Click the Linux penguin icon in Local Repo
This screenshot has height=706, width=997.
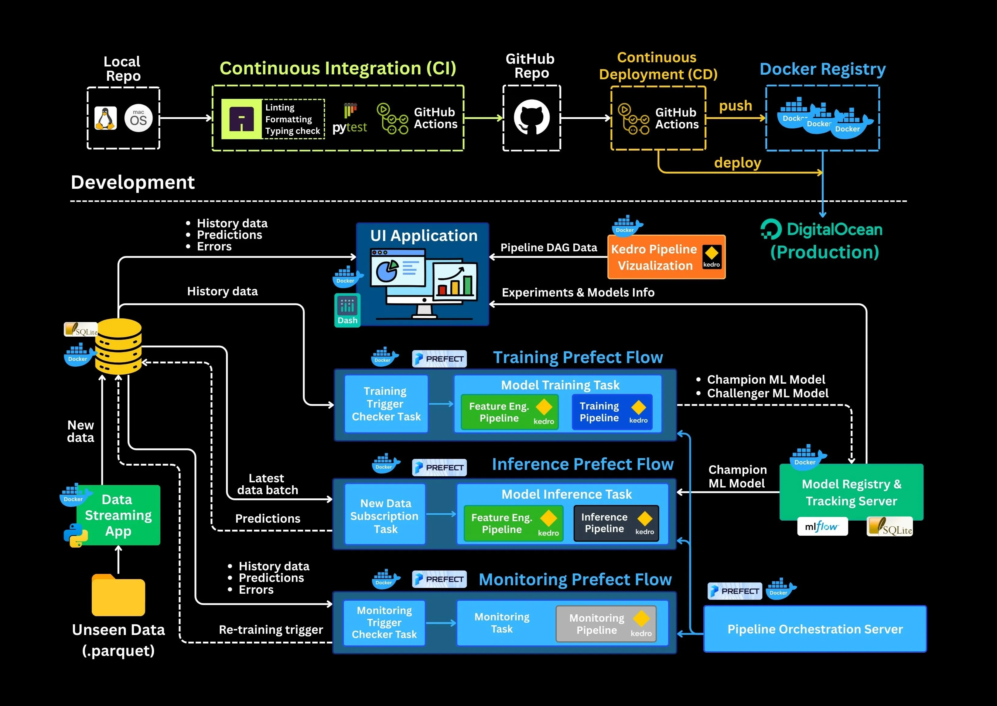point(106,118)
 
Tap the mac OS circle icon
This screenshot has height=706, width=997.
point(138,118)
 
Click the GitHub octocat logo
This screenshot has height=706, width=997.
point(531,118)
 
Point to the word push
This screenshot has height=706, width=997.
point(735,106)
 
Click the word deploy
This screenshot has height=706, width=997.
point(737,163)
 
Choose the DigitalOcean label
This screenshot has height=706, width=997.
point(822,229)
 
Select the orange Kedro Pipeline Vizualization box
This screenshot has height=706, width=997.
point(666,257)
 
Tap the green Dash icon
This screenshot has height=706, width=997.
point(347,310)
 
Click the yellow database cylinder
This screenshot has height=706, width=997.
point(118,347)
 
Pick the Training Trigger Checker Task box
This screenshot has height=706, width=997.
point(386,404)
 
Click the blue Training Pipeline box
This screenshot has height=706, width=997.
point(612,412)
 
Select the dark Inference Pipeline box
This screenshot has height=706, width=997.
point(616,523)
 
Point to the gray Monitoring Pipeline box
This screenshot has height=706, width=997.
point(606,624)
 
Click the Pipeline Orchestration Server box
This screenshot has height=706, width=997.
point(815,629)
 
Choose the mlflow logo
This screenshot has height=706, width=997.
point(822,526)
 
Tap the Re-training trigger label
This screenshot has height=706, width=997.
point(271,630)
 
